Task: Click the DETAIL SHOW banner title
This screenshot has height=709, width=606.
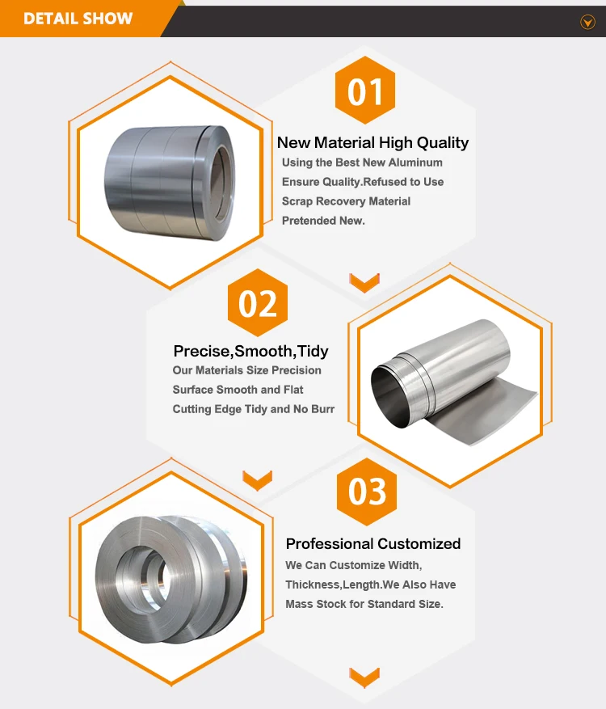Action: click(78, 18)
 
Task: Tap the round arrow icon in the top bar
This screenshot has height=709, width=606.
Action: click(587, 23)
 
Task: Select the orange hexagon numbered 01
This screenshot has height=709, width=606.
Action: click(365, 91)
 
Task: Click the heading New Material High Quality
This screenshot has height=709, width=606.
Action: click(372, 143)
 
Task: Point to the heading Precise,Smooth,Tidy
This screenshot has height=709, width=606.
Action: click(250, 352)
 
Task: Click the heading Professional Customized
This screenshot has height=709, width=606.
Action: click(372, 544)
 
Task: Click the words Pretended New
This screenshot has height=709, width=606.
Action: click(323, 221)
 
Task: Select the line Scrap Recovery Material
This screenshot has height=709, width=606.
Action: click(346, 201)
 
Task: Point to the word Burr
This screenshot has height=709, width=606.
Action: click(322, 409)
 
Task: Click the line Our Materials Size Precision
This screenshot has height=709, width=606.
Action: click(246, 370)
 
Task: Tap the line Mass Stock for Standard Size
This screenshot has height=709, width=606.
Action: click(364, 604)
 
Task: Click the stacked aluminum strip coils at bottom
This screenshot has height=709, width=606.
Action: click(170, 576)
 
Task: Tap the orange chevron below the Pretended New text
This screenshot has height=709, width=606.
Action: click(364, 281)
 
